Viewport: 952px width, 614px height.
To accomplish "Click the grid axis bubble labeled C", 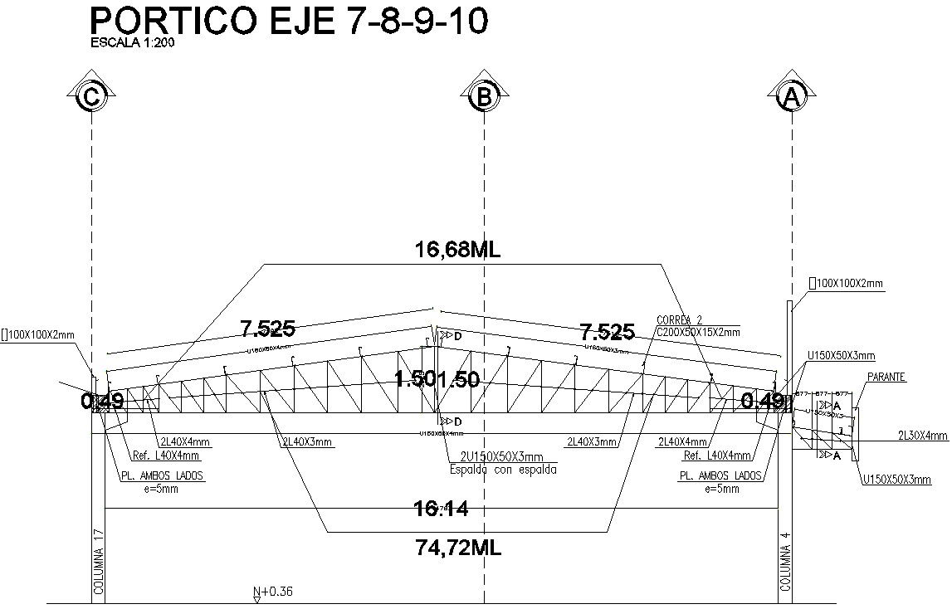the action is point(91,98).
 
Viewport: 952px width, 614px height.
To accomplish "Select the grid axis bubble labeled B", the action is point(484,98).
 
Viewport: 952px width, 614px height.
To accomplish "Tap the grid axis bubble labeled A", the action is point(791,98).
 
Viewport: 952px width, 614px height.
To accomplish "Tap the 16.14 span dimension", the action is point(440,509).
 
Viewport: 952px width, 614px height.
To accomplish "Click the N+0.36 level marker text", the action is point(273,592).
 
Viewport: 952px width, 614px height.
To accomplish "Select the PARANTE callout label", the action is point(886,378).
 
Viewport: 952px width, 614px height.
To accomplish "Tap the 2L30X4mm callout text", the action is point(922,435).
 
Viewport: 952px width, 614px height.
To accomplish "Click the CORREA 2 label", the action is point(679,320).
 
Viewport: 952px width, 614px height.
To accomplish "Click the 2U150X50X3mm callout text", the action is point(501,456).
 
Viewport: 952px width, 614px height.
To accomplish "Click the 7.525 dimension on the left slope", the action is point(267,330).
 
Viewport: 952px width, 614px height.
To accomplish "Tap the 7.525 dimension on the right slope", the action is point(607,333).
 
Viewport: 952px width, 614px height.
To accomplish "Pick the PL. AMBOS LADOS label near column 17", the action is point(162,476).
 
